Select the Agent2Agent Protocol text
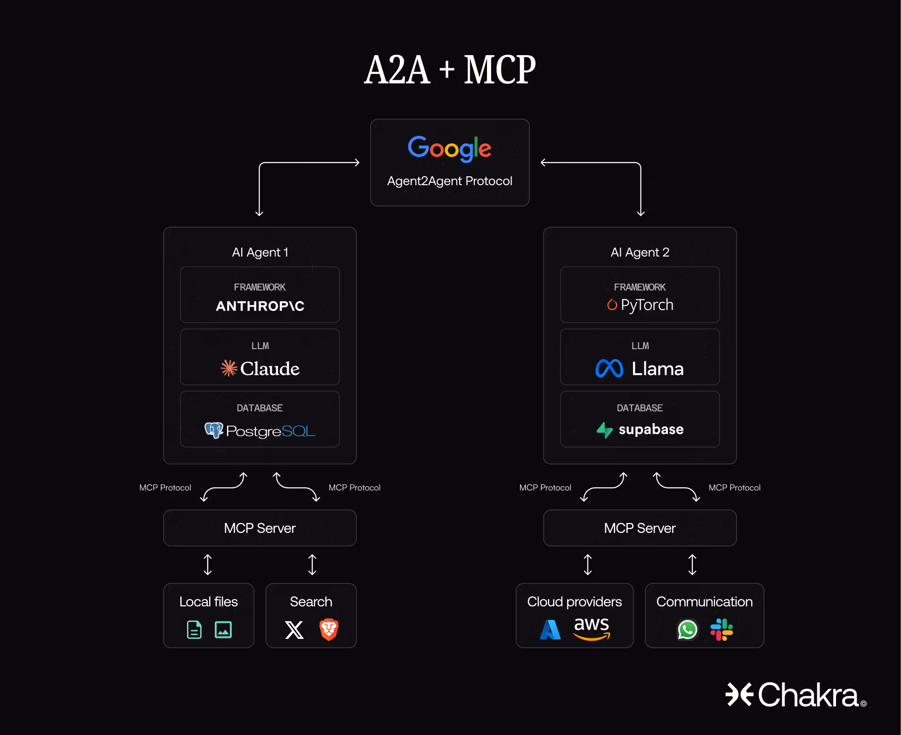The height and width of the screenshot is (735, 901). click(x=449, y=181)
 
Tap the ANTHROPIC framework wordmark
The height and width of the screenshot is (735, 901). click(x=260, y=306)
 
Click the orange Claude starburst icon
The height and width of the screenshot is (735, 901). click(x=229, y=368)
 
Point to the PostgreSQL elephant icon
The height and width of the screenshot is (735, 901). click(x=213, y=430)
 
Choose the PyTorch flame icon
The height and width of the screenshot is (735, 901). click(x=612, y=305)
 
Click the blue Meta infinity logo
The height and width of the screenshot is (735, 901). click(x=609, y=368)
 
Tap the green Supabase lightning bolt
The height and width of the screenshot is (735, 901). click(x=605, y=430)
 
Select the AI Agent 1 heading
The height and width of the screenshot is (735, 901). click(x=260, y=253)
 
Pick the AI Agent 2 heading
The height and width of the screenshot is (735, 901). click(x=640, y=253)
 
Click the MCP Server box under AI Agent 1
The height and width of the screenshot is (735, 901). click(x=260, y=528)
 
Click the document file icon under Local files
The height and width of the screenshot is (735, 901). click(x=194, y=629)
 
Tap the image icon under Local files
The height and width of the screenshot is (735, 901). click(x=223, y=629)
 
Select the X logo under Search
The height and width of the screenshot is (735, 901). click(x=294, y=629)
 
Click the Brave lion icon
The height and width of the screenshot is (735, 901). click(x=329, y=629)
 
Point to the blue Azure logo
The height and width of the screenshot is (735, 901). click(x=550, y=629)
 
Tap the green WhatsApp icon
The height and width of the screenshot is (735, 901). click(x=687, y=629)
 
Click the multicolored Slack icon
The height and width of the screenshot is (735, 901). click(x=722, y=629)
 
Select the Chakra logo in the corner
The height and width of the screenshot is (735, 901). click(x=796, y=695)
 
